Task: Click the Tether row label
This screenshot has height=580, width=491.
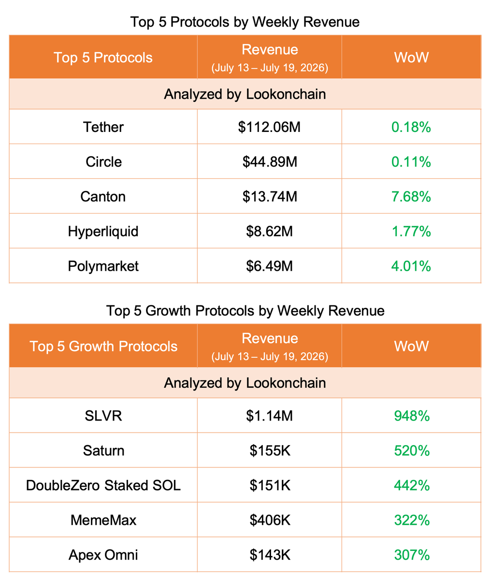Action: coord(103,127)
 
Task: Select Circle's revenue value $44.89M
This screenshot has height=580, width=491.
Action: coord(270,162)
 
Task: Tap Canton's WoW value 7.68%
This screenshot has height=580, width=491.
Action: coord(411,196)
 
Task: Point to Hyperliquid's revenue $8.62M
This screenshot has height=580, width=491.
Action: coord(269,232)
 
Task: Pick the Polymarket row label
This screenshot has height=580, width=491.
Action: coord(103,266)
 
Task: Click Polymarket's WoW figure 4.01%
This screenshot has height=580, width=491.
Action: coord(411,266)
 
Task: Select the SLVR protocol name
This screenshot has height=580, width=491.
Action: coord(103,416)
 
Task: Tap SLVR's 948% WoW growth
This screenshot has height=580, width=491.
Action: coord(412,416)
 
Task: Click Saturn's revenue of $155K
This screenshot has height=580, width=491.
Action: coord(270,450)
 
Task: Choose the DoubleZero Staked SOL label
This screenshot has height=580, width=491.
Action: coord(103,485)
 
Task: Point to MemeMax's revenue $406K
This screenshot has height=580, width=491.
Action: coord(270,520)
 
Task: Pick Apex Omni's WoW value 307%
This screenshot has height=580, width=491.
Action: coord(412,555)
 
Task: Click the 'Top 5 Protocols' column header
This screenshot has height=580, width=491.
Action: coord(103,58)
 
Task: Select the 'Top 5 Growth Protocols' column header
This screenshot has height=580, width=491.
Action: coord(103,346)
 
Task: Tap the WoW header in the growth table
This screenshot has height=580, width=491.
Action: coord(411,346)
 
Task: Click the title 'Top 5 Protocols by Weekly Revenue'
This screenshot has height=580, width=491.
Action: coord(245,22)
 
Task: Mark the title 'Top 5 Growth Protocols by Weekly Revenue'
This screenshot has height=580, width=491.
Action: coord(245,311)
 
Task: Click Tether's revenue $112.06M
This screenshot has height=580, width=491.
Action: coord(269,127)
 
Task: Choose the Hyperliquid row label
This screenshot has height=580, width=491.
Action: coord(103,232)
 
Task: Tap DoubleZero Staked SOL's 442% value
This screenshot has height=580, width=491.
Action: coord(412,485)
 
